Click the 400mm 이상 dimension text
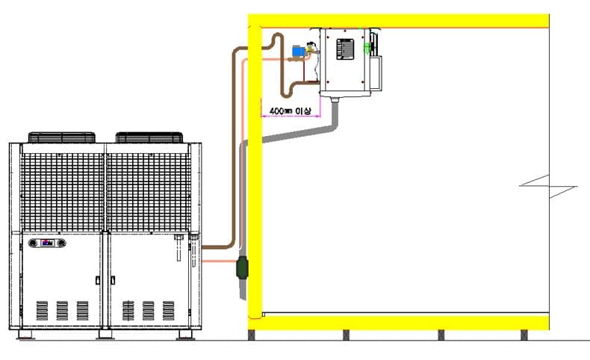coord(291,111)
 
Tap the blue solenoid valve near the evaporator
coord(299,51)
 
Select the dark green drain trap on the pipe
coord(242,267)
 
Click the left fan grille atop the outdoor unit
coord(62,137)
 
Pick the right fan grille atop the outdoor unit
coord(149,137)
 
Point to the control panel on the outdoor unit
coord(47,243)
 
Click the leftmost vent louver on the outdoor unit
coord(42,311)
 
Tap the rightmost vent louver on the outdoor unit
coord(168,311)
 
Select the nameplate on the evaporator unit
coord(345,49)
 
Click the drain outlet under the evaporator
coord(335,99)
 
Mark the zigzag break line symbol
coord(549,186)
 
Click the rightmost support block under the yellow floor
coord(524,335)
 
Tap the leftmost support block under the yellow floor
coord(252,335)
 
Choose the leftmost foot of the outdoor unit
coord(25,335)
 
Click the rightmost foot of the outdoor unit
coord(185,335)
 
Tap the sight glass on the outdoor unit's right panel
coord(178,247)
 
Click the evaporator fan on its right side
coord(374,60)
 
